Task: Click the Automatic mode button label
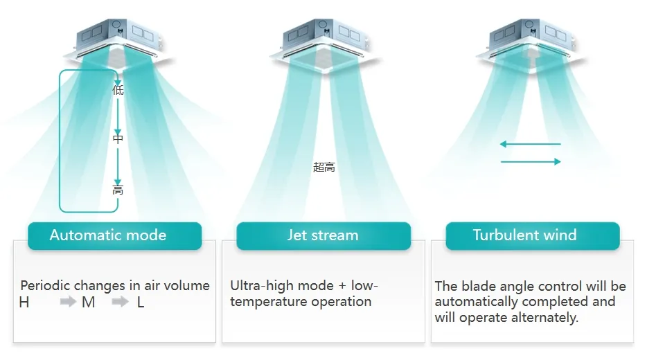pyautogui.click(x=107, y=235)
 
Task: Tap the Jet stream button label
pyautogui.click(x=323, y=235)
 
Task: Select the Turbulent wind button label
pyautogui.click(x=524, y=235)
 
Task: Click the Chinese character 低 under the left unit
pyautogui.click(x=118, y=90)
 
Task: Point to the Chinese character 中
pyautogui.click(x=118, y=138)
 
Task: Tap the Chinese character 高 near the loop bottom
pyautogui.click(x=118, y=190)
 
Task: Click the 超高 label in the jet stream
pyautogui.click(x=324, y=167)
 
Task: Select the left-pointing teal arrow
pyautogui.click(x=530, y=144)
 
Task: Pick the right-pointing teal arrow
pyautogui.click(x=531, y=161)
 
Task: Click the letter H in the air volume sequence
pyautogui.click(x=24, y=303)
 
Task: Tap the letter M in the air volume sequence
pyautogui.click(x=88, y=303)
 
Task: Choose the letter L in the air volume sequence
pyautogui.click(x=141, y=303)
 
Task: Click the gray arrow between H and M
pyautogui.click(x=68, y=302)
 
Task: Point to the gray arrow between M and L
pyautogui.click(x=120, y=302)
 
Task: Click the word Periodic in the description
pyautogui.click(x=46, y=285)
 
